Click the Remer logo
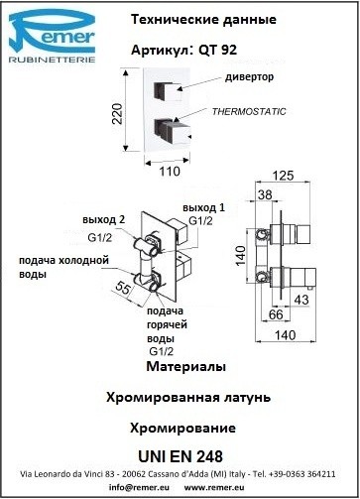[52, 36]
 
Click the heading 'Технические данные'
[203, 20]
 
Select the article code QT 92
[218, 50]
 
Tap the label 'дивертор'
[250, 77]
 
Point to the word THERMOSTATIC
[249, 111]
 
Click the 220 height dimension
[117, 113]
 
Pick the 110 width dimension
[170, 172]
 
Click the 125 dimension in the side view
[284, 176]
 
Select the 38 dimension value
[265, 194]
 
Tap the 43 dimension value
[301, 300]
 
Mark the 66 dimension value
[276, 314]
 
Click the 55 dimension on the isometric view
[123, 288]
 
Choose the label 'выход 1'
[203, 208]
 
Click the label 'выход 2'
[104, 220]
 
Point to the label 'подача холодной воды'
[63, 267]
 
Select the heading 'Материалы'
[185, 366]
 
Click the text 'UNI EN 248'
[180, 456]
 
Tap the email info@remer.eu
[139, 487]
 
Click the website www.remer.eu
[214, 487]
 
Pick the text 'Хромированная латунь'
[188, 397]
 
